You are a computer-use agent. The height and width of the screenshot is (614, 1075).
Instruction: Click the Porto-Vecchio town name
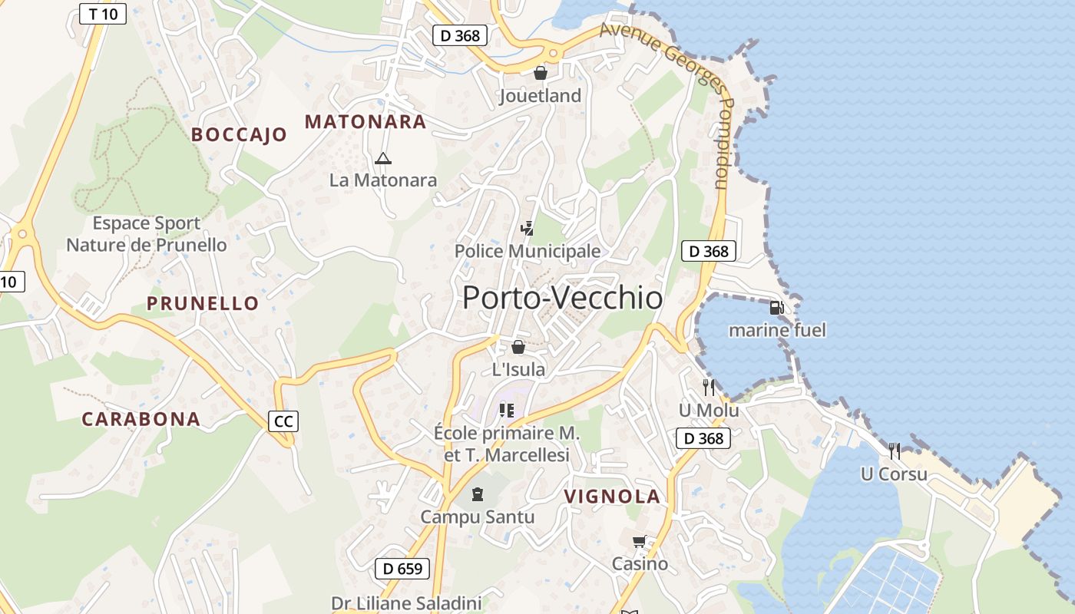[x=562, y=298]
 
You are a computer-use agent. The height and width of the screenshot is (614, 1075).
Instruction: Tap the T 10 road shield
[x=103, y=14]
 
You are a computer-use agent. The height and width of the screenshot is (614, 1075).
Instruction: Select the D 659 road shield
[x=402, y=569]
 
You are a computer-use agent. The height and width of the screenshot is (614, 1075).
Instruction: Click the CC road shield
[x=283, y=421]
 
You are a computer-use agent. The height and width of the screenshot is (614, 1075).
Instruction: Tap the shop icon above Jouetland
[x=541, y=73]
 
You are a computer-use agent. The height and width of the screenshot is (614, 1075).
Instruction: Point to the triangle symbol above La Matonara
[x=382, y=159]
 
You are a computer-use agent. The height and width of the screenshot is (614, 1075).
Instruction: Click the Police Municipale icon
[x=527, y=228]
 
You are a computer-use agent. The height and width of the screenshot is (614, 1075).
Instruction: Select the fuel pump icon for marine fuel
[x=776, y=308]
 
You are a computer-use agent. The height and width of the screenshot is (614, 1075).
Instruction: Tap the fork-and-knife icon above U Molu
[x=708, y=387]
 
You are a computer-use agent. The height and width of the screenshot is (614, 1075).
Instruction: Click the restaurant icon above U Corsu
[x=894, y=451]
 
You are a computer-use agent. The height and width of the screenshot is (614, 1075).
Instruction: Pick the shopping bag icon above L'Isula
[x=518, y=347]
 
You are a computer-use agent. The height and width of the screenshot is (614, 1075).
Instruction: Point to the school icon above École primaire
[x=506, y=411]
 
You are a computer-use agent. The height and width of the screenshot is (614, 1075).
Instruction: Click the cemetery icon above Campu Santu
[x=478, y=494]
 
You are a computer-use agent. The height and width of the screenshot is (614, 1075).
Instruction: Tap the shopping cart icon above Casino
[x=640, y=542]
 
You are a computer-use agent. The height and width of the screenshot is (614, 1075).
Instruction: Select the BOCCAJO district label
[x=239, y=135]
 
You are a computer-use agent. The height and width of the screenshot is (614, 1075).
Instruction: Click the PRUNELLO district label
[x=203, y=303]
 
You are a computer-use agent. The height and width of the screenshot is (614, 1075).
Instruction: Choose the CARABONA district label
[x=141, y=419]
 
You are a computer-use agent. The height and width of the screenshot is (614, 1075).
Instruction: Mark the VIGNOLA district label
[x=612, y=497]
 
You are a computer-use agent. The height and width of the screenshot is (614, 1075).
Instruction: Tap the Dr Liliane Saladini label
[x=406, y=603]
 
